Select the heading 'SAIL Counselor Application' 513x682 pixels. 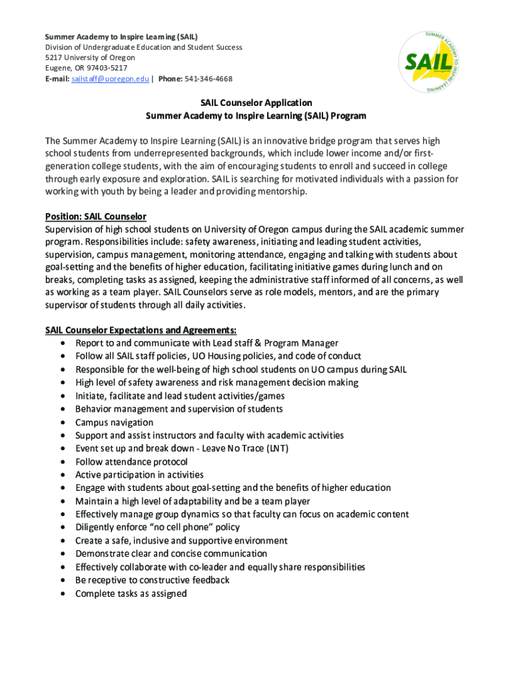(x=256, y=103)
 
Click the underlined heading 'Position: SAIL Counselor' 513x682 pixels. (x=95, y=216)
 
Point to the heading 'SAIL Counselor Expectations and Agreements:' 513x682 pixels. (x=141, y=330)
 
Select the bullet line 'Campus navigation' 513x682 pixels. (x=114, y=422)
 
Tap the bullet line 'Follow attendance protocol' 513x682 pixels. (x=131, y=462)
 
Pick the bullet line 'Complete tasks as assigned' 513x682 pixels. (x=131, y=593)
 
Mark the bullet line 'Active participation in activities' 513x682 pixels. (x=139, y=475)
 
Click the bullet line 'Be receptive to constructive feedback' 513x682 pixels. (x=152, y=580)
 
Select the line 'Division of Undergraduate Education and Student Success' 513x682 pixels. (x=143, y=47)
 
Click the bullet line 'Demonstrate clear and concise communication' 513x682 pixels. (x=171, y=553)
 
